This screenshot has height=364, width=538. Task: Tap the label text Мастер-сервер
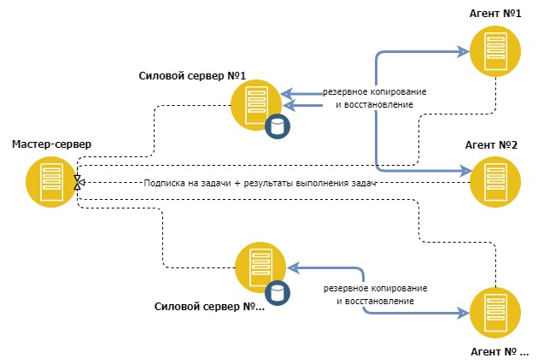click(x=51, y=144)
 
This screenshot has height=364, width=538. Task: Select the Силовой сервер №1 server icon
click(x=254, y=104)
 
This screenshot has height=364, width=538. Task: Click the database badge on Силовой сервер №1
click(x=277, y=126)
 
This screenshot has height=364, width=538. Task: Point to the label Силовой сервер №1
click(x=192, y=76)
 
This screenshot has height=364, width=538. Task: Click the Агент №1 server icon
click(x=494, y=53)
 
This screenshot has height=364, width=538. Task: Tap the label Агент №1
click(x=495, y=15)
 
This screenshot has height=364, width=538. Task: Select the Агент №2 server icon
click(x=494, y=181)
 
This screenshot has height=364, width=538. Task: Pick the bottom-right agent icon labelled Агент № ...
click(x=494, y=313)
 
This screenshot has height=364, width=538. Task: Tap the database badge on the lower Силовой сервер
click(x=277, y=292)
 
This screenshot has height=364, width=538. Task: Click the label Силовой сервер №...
click(x=210, y=306)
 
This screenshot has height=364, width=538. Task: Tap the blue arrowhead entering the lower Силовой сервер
click(x=291, y=267)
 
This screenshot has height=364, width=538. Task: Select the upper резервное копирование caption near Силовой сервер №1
click(x=374, y=91)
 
